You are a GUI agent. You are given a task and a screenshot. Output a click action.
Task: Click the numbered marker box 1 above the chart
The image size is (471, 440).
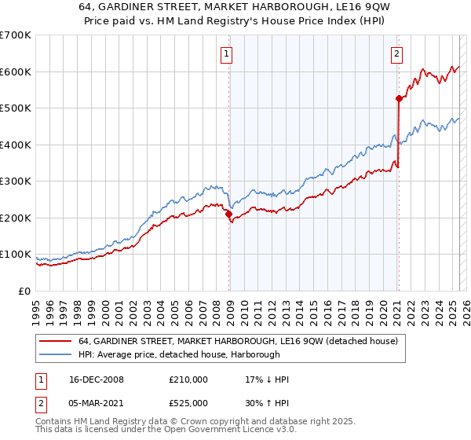226,54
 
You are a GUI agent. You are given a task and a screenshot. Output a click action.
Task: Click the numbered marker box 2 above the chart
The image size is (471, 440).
396,54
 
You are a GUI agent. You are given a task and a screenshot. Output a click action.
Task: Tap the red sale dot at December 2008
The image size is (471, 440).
228,214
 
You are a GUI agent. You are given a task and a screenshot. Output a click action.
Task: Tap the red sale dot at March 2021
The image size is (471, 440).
399,99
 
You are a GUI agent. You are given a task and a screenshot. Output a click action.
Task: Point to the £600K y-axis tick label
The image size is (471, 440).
15,71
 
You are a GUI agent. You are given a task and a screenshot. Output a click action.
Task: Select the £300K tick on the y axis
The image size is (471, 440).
15,181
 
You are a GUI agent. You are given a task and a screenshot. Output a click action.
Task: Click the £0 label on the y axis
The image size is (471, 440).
24,291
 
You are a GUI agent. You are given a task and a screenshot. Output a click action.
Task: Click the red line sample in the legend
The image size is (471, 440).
56,341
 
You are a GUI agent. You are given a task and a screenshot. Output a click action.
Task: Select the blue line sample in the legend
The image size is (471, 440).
56,355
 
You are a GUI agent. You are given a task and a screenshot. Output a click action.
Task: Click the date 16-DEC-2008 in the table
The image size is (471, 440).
97,379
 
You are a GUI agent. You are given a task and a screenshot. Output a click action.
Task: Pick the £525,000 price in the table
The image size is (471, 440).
188,403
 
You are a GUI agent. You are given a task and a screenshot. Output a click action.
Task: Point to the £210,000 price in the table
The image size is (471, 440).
188,379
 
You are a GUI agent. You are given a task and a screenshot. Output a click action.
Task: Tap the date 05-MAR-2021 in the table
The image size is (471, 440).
97,403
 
